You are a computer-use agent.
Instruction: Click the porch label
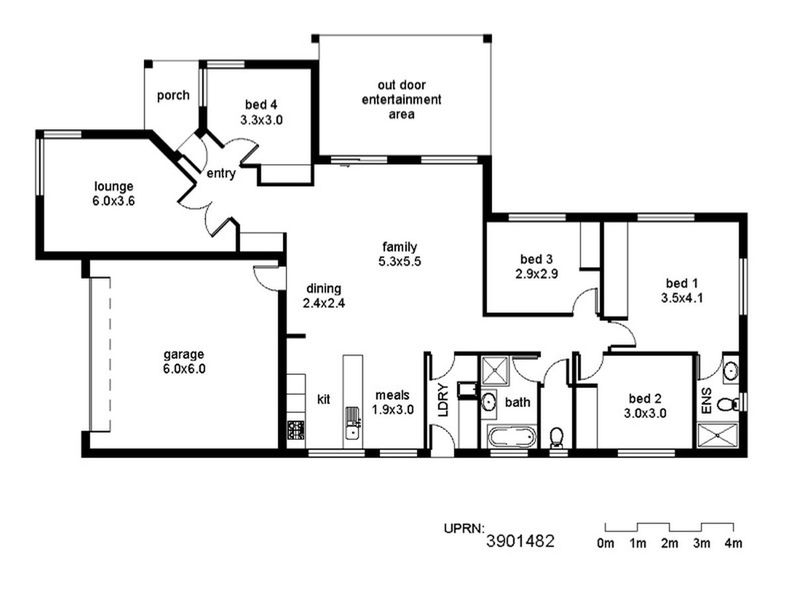tap(173, 95)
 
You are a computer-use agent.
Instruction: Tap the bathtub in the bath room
tap(511, 437)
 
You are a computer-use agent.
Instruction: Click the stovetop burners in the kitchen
tap(296, 430)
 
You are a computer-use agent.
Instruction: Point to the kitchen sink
tap(351, 423)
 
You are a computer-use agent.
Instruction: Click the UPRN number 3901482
tap(520, 541)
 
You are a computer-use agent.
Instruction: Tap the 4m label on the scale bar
tap(733, 543)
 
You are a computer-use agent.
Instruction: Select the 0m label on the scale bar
tap(605, 543)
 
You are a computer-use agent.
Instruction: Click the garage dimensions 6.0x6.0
tap(184, 369)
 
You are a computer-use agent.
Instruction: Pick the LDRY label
tap(443, 399)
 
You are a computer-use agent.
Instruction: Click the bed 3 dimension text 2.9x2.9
tap(537, 273)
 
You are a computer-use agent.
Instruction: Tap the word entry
tap(221, 174)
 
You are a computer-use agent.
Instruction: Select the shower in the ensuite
tap(717, 436)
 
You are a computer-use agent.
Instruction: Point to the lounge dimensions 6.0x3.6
tap(114, 201)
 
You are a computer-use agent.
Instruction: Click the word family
tap(400, 247)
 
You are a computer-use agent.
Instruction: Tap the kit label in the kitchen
tap(324, 399)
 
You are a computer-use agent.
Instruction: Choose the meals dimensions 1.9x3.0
tap(393, 409)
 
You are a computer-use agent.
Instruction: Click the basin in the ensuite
tap(730, 370)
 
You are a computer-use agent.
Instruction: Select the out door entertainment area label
tap(401, 99)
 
